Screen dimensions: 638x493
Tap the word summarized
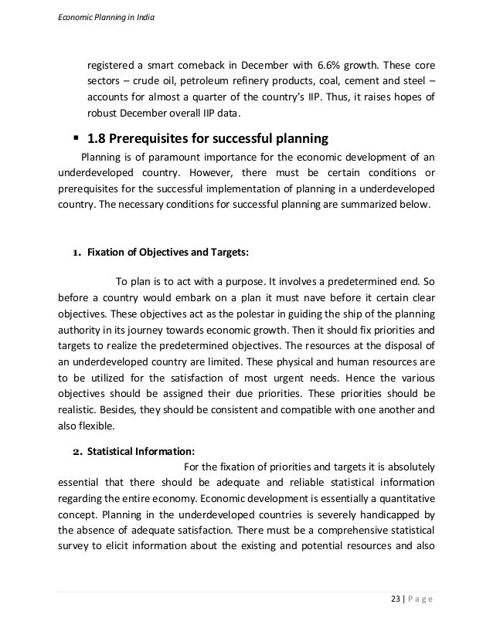point(372,205)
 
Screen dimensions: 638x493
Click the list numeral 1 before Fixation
point(76,251)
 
